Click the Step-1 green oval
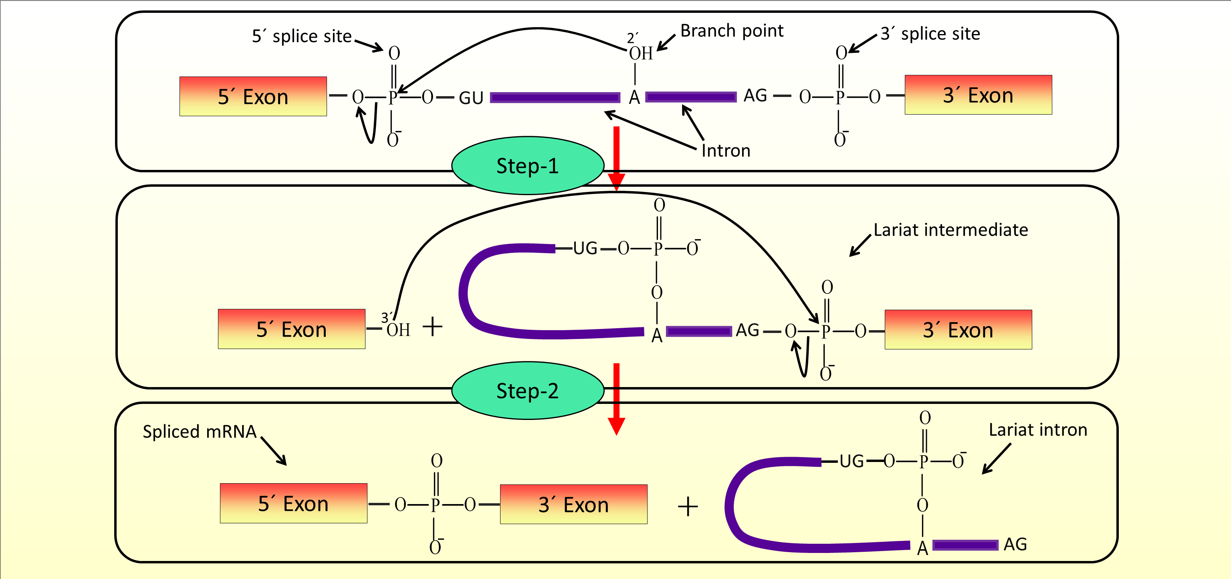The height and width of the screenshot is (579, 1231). click(528, 165)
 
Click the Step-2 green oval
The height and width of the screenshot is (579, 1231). click(528, 390)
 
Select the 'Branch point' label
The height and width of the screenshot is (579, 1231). click(732, 30)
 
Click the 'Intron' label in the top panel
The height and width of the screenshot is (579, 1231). click(725, 151)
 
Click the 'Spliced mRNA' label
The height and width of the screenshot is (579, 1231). click(200, 432)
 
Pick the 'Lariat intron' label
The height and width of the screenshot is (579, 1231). click(1038, 430)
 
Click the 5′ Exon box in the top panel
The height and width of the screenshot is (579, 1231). click(253, 97)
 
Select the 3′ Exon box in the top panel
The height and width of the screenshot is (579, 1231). click(978, 95)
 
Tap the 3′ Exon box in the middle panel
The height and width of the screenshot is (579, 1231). click(958, 330)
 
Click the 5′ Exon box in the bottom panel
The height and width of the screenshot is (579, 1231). click(293, 503)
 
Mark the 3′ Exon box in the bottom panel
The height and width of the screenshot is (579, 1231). click(573, 504)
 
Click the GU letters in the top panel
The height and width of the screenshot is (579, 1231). click(471, 98)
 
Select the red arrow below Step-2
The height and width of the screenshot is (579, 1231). click(616, 399)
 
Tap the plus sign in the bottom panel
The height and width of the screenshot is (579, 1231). click(688, 506)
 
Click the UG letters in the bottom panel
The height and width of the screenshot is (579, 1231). click(852, 461)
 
